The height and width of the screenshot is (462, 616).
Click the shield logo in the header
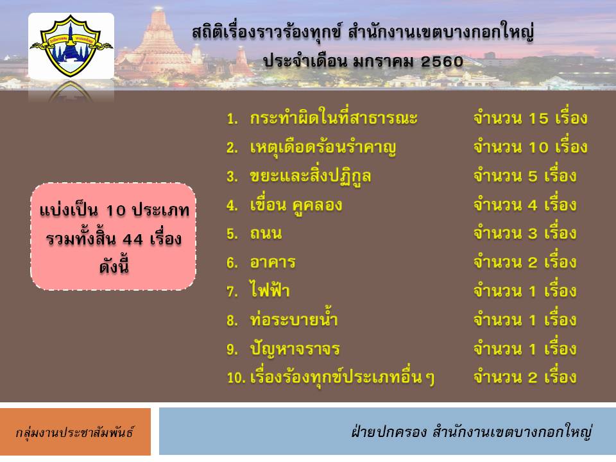tap(71, 45)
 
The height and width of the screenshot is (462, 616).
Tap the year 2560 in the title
tap(441, 62)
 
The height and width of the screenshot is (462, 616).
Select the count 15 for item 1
tap(538, 119)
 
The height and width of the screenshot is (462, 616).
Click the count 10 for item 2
tap(538, 148)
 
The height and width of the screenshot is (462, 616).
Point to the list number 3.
tap(232, 176)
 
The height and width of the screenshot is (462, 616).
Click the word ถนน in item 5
tap(266, 234)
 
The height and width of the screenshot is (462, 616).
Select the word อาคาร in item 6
tap(273, 262)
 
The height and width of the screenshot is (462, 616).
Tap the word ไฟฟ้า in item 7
tap(270, 289)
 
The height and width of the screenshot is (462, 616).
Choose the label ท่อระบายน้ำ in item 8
tap(294, 319)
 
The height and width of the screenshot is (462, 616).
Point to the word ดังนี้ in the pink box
tap(114, 266)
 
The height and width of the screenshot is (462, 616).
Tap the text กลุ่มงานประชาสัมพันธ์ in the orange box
tap(74, 432)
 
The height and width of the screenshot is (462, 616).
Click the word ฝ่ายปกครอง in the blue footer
tap(389, 431)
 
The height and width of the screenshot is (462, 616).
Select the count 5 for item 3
tap(533, 176)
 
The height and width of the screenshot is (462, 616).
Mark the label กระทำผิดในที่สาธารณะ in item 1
tap(334, 117)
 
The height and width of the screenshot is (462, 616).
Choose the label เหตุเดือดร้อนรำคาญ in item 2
tap(323, 148)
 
